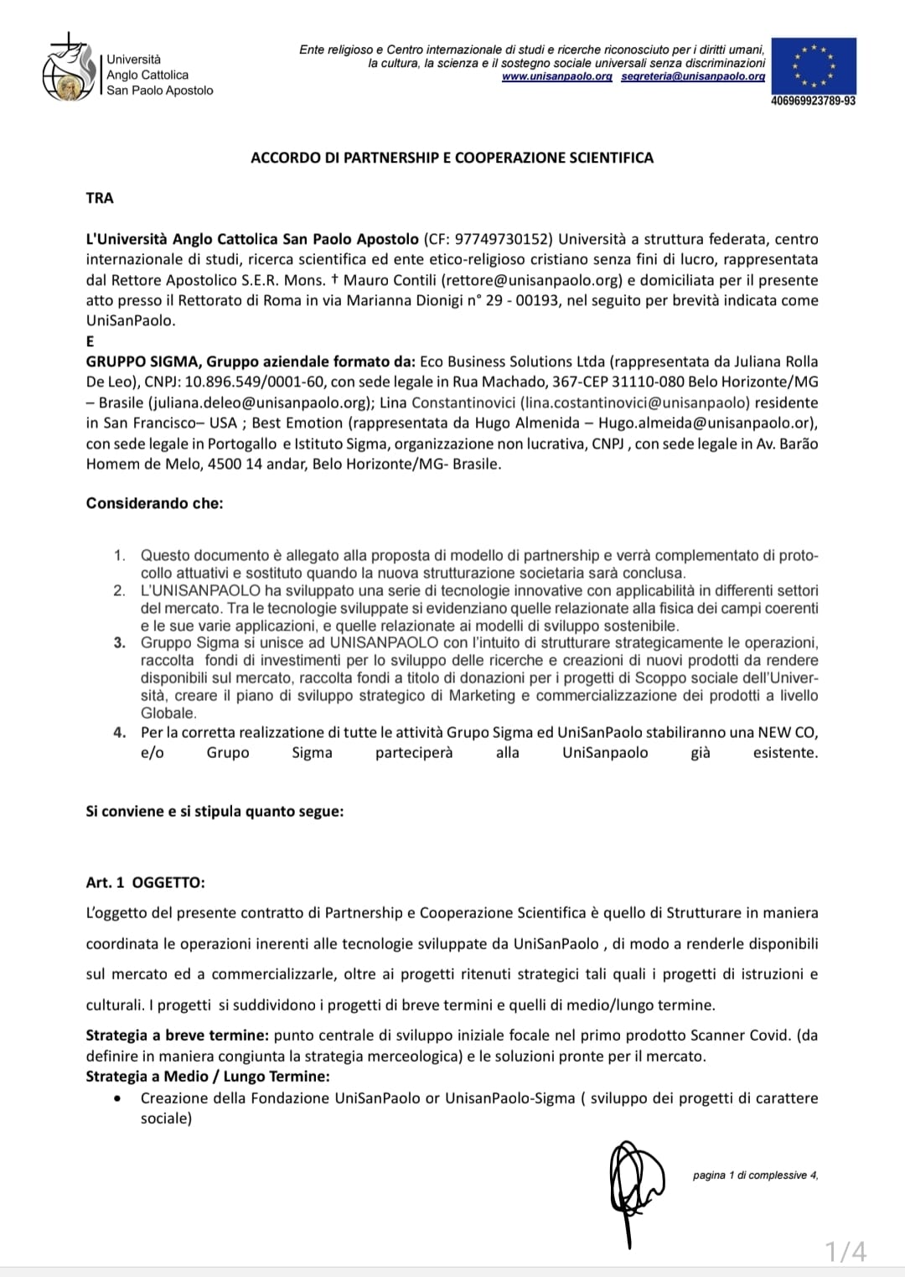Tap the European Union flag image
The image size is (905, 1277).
pos(813,65)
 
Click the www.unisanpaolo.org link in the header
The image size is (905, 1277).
pos(556,76)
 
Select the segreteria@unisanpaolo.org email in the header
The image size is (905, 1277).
pos(693,76)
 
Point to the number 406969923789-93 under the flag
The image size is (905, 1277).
pos(813,101)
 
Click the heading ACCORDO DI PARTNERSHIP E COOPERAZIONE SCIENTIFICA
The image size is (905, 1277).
pos(452,158)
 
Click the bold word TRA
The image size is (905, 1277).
pos(100,198)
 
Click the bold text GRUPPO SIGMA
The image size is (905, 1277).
pos(142,361)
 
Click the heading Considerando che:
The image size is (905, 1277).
pos(154,504)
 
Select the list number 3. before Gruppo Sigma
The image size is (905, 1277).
pos(120,643)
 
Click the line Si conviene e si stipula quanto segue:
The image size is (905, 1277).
pos(215,812)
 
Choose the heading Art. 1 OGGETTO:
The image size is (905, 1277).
pos(145,883)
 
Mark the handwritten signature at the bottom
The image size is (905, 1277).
pos(633,1182)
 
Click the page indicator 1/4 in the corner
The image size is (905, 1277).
pos(846,1252)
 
